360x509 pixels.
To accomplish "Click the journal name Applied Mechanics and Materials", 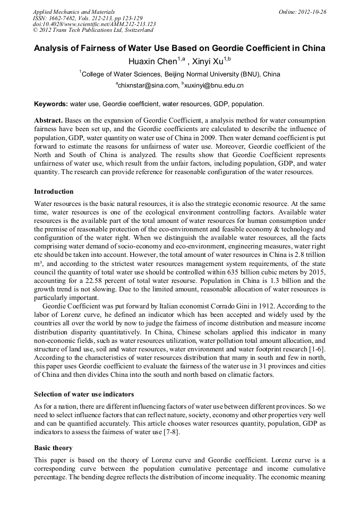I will tap(70, 12).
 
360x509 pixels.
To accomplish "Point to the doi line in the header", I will tap(94, 24).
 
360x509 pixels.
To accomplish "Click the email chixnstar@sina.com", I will tap(147, 85).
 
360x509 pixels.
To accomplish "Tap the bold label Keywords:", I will tap(51, 104).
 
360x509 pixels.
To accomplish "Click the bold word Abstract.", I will tap(48, 120).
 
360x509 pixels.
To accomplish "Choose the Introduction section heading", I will tap(54, 192).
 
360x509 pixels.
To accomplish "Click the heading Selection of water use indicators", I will tap(84, 394).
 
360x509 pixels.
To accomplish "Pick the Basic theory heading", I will tap(53, 448).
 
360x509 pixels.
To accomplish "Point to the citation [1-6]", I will tap(316, 348).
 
